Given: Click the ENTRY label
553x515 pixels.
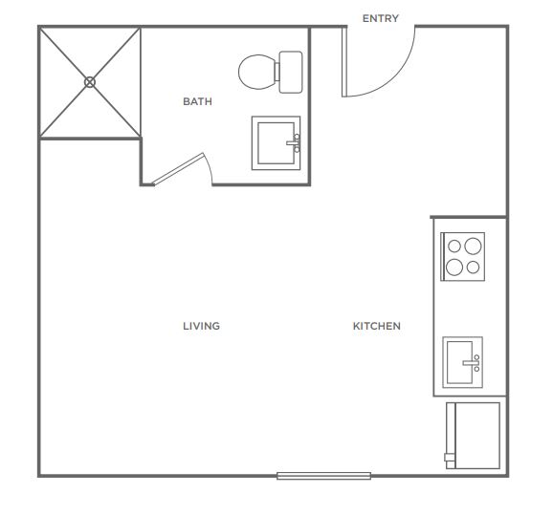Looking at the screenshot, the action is tap(381, 18).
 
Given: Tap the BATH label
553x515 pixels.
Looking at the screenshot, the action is tap(197, 101).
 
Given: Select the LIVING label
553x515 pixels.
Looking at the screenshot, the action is tap(201, 326).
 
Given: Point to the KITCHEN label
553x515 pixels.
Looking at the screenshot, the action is tap(377, 326).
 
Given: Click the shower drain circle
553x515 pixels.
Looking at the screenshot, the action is tap(90, 82).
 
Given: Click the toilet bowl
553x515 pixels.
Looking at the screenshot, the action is tap(256, 72).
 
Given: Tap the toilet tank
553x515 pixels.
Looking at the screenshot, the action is tap(291, 73).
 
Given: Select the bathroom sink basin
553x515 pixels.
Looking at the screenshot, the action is tap(276, 143).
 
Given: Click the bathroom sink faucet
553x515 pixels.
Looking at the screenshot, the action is tap(294, 143).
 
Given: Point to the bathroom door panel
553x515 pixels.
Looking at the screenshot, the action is tap(179, 169).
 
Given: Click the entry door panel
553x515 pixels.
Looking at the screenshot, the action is tap(344, 62).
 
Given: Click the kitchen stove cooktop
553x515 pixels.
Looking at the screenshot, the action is tap(463, 256).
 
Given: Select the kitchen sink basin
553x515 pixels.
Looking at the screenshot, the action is tap(459, 362).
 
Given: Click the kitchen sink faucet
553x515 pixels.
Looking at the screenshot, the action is tap(473, 363).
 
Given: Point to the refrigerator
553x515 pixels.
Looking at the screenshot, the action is tap(474, 436).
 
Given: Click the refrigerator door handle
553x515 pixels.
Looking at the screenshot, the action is tap(450, 458).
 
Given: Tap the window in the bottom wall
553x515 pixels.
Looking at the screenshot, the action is tap(323, 476).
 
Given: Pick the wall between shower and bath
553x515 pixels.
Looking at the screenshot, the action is tap(141, 83).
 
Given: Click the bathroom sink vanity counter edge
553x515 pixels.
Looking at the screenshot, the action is tap(276, 143).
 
